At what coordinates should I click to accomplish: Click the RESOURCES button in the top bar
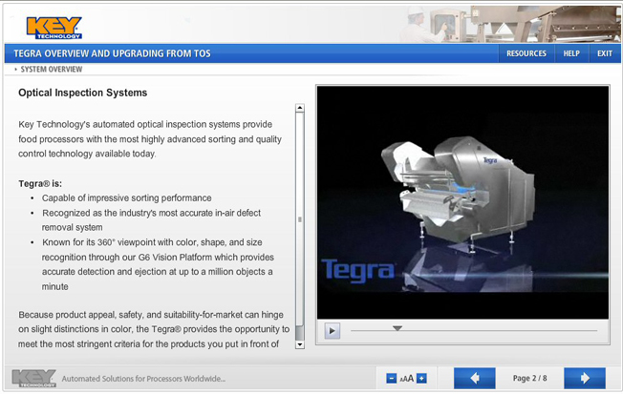(526, 53)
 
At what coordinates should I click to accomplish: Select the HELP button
(571, 53)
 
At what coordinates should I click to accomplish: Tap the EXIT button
(605, 53)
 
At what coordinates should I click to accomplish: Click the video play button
(333, 331)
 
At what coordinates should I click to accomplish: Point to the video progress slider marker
(397, 328)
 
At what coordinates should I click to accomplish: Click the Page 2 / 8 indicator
(529, 379)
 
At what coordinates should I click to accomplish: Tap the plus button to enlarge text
(421, 379)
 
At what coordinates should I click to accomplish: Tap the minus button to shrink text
(392, 379)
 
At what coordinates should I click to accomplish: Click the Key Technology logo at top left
(54, 26)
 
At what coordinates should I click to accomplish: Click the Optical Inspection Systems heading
(83, 93)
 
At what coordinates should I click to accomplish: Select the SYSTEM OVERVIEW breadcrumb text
(51, 70)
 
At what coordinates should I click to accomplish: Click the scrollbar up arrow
(300, 108)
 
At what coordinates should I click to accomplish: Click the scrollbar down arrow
(300, 344)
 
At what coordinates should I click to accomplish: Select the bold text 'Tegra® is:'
(40, 183)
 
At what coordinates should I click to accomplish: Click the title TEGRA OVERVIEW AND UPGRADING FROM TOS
(112, 53)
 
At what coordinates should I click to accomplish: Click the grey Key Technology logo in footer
(33, 378)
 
